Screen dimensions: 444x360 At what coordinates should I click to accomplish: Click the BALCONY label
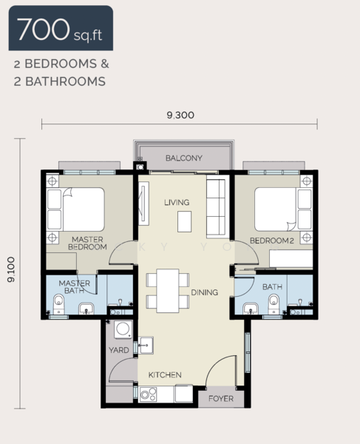[184, 158]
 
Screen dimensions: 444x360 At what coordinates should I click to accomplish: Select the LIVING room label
[177, 202]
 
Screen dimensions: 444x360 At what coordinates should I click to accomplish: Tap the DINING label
[204, 292]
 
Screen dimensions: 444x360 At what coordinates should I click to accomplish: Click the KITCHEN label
[164, 375]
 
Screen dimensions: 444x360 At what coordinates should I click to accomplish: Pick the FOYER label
[220, 398]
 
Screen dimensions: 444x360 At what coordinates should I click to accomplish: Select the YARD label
[118, 350]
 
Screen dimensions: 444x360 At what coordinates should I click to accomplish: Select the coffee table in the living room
[184, 221]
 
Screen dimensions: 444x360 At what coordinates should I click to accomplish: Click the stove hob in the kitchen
[146, 394]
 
